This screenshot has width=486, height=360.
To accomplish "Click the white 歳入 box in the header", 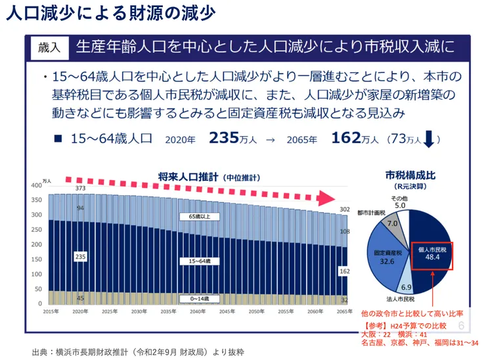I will pyautogui.click(x=51, y=47).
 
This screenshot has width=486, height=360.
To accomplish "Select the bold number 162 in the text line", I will pyautogui.click(x=346, y=139).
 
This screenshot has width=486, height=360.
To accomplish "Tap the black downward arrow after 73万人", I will pyautogui.click(x=428, y=139).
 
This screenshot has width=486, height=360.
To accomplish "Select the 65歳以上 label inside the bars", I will pyautogui.click(x=199, y=215).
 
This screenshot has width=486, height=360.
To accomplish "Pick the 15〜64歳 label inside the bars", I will pyautogui.click(x=199, y=261).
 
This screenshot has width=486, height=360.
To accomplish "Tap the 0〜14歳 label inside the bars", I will pyautogui.click(x=199, y=299).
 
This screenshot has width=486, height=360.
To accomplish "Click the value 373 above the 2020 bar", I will pyautogui.click(x=80, y=189).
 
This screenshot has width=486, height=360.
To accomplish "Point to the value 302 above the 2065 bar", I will pyautogui.click(x=344, y=209).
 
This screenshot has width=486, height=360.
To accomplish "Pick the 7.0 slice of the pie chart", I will pyautogui.click(x=393, y=224).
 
